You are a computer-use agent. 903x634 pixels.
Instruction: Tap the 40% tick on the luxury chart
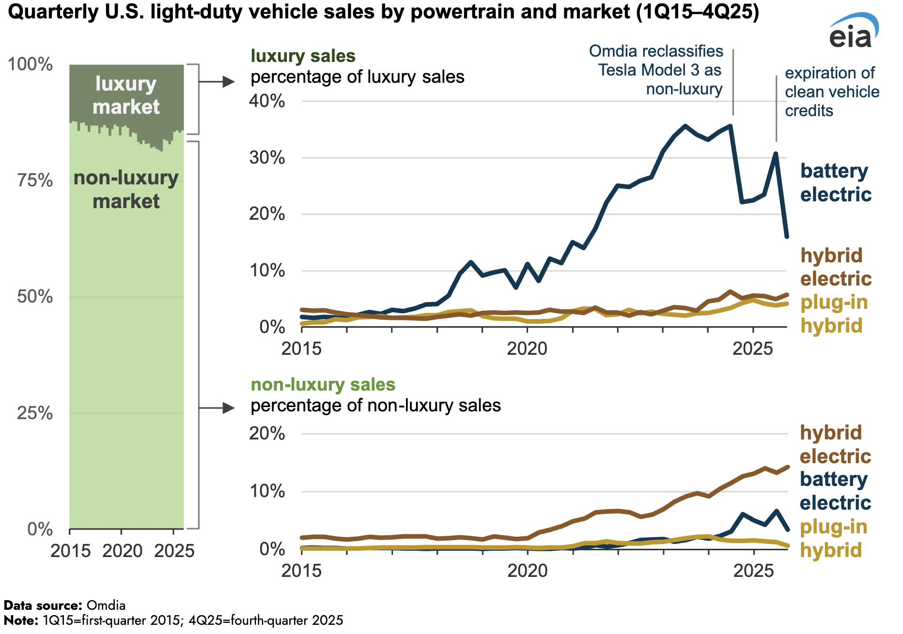point(267,101)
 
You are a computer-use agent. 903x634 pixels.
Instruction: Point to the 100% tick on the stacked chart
point(30,64)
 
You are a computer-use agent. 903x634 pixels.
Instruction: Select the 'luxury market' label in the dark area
point(126,95)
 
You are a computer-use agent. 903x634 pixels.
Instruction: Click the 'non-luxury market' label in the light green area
point(126,189)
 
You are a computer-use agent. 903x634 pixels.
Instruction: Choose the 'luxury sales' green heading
point(303,56)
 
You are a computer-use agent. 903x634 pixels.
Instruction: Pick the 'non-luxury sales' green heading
point(323,385)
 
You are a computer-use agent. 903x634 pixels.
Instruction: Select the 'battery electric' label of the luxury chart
point(835,182)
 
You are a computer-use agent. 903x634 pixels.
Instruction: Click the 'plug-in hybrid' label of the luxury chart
point(833,314)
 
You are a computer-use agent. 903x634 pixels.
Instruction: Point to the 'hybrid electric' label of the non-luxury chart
point(834,444)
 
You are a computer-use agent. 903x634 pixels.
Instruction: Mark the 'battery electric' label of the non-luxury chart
point(834,491)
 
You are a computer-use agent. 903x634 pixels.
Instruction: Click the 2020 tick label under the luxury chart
point(527,348)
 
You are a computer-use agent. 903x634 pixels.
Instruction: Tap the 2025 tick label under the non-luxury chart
point(753,571)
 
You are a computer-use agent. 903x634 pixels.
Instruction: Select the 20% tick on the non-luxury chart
point(267,433)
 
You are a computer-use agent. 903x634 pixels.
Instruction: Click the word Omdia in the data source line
point(106,605)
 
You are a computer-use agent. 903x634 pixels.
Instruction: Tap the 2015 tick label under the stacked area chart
point(71,551)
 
